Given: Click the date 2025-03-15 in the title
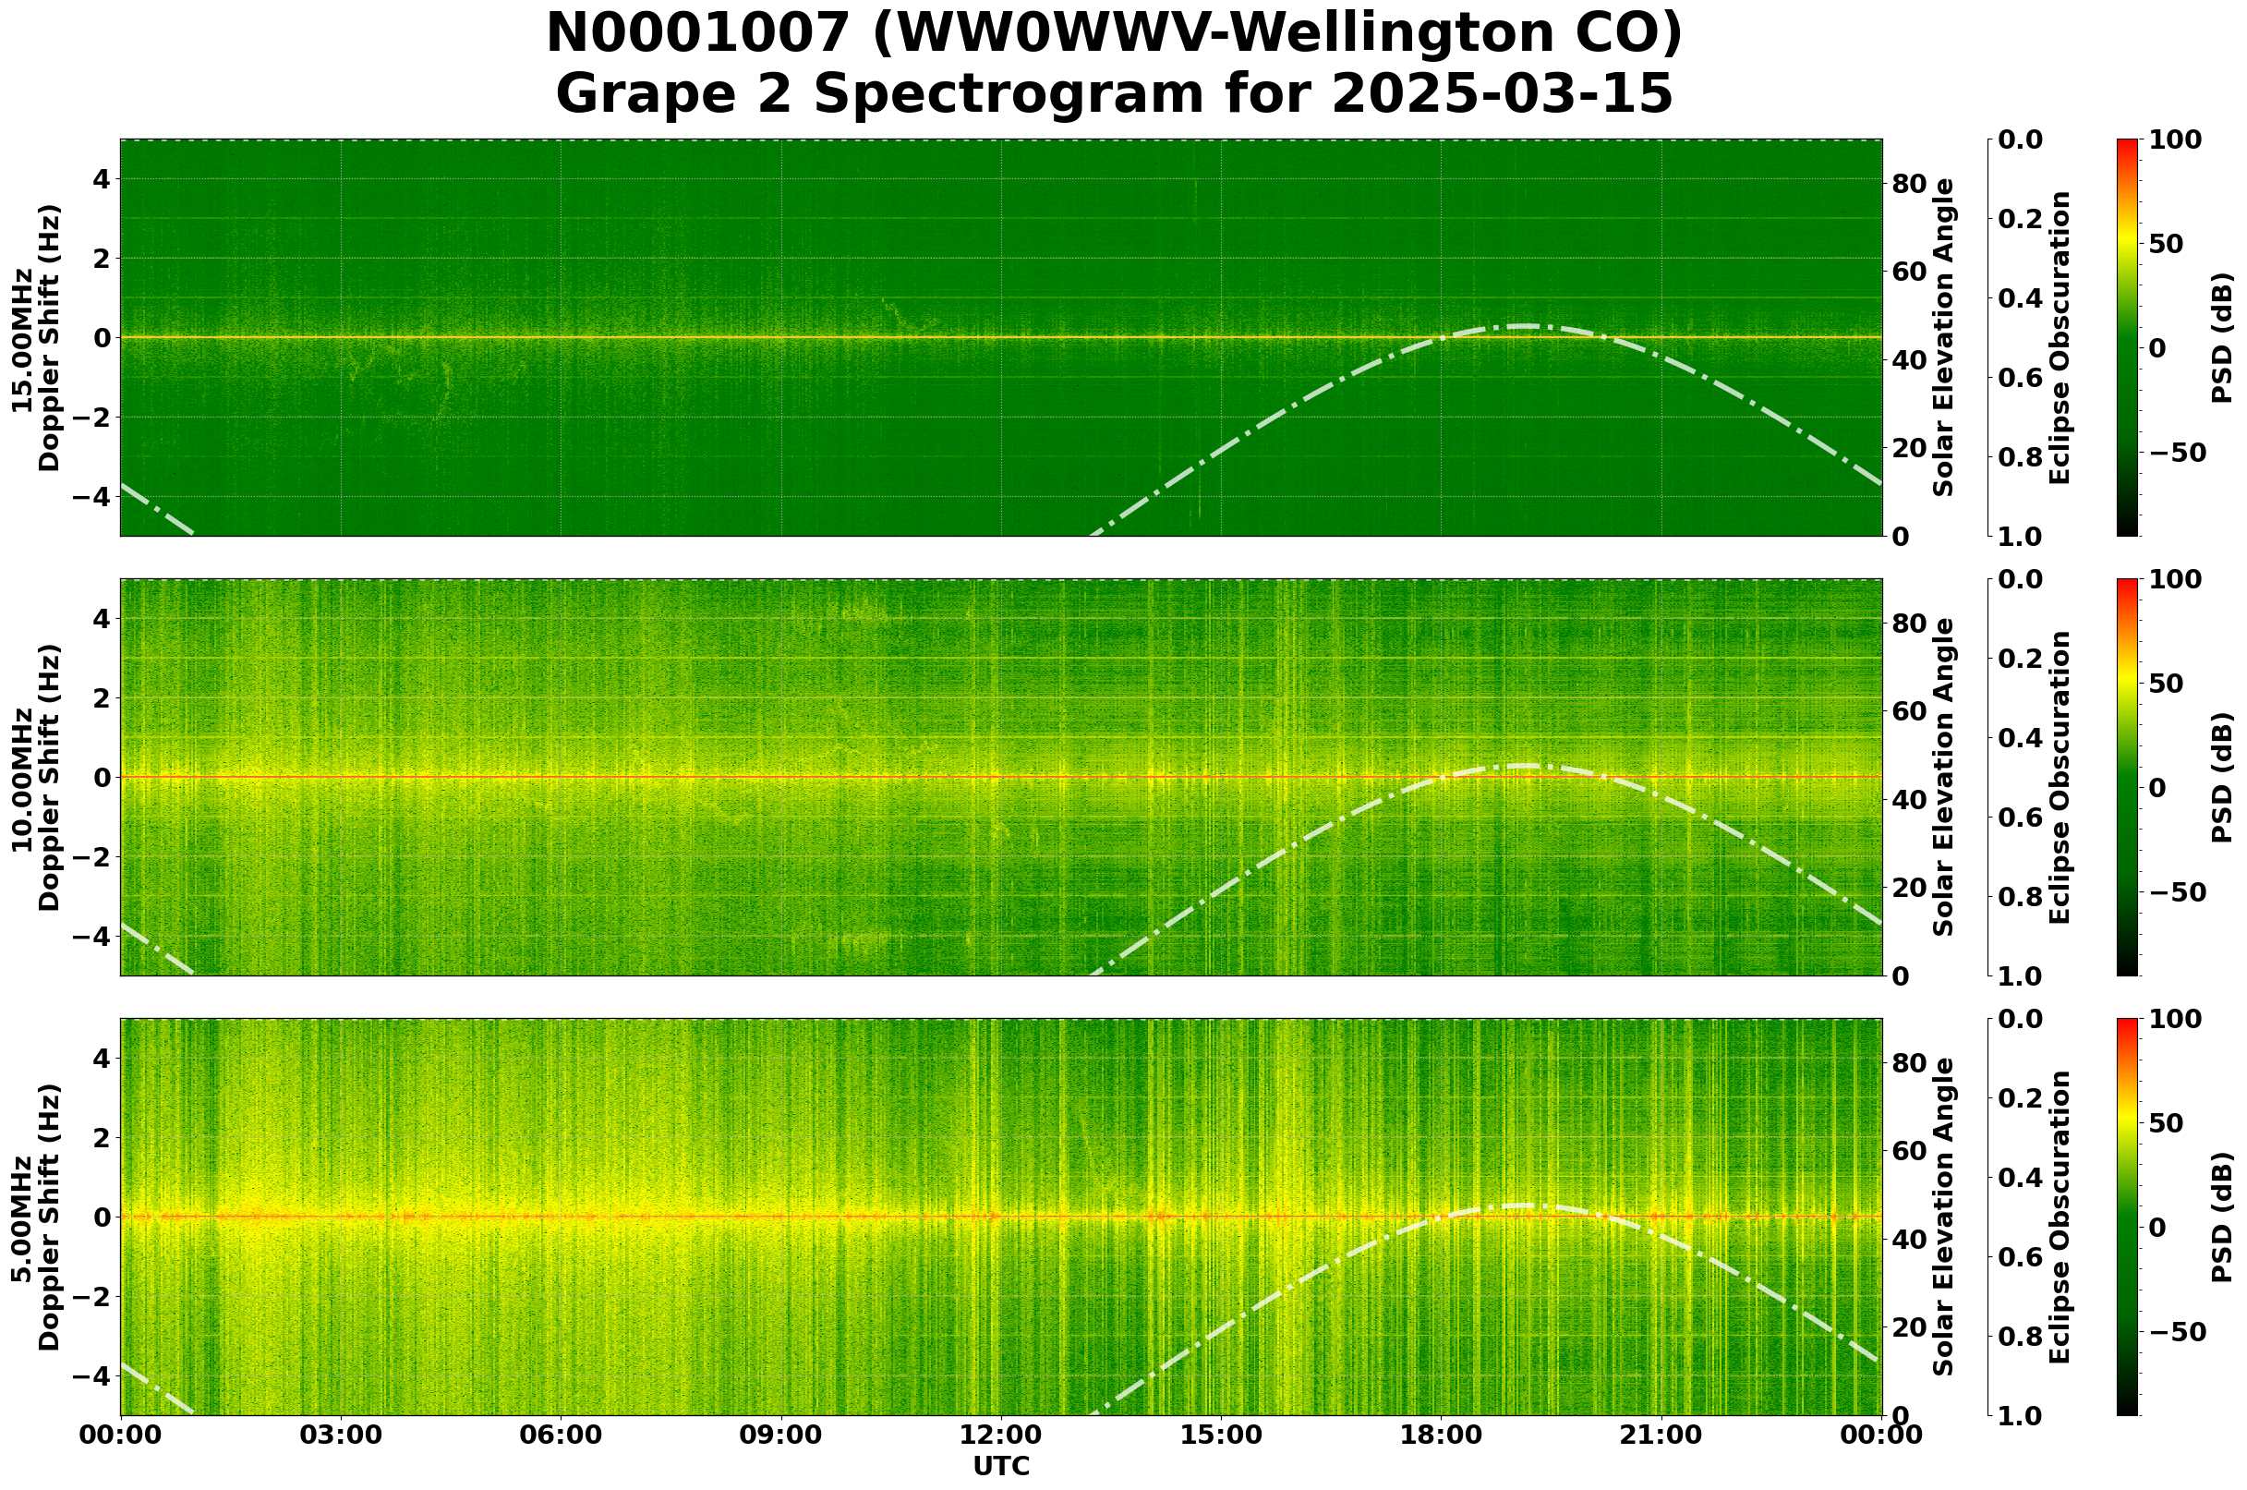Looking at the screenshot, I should (x=1501, y=95).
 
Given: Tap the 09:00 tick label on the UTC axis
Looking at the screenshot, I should (x=781, y=1435).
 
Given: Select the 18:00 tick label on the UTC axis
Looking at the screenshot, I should (x=1442, y=1435).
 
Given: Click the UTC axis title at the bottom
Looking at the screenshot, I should (x=1001, y=1466).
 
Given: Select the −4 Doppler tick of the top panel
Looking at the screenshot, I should (x=97, y=497).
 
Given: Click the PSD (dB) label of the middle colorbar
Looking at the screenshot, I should (x=2221, y=777).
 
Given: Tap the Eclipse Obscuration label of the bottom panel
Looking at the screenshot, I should (x=2060, y=1217).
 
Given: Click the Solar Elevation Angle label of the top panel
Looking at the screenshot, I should (x=1944, y=337).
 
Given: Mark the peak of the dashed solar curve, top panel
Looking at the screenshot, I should (x=1523, y=326).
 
